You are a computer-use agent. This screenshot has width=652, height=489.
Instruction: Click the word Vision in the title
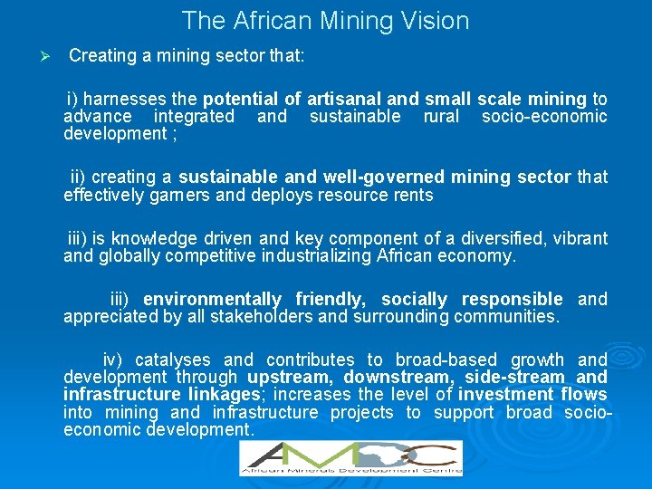pos(434,20)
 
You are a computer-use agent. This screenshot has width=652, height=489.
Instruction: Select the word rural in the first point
pos(441,116)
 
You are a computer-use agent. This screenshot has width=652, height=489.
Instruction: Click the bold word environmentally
pos(212,299)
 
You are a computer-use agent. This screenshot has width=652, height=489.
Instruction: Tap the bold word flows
pos(584,394)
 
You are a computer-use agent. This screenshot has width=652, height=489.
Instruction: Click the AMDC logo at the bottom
pos(350,457)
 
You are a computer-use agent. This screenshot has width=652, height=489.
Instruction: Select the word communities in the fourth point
pos(507,316)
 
